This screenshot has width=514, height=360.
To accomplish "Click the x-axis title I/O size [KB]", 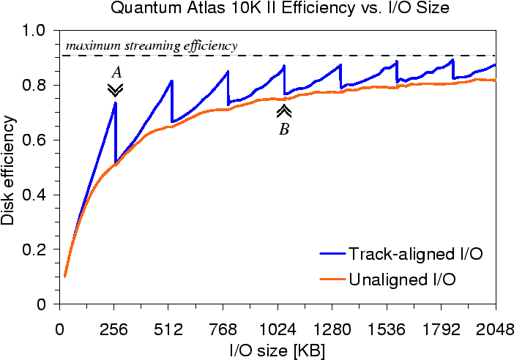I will (278, 350).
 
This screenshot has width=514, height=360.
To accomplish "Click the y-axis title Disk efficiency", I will (9, 168).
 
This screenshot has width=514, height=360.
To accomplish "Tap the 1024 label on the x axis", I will (278, 329).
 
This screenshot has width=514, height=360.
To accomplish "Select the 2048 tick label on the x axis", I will (496, 329).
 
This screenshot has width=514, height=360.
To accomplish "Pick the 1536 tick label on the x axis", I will (387, 329).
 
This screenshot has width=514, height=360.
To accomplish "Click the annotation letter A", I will (115, 72).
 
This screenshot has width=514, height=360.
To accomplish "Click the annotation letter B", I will (283, 130).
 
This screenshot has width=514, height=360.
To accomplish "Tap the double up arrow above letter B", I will (283, 111).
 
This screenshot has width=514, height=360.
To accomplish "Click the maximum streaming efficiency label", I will (152, 45).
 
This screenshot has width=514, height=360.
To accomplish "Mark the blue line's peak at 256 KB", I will (115, 103).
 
